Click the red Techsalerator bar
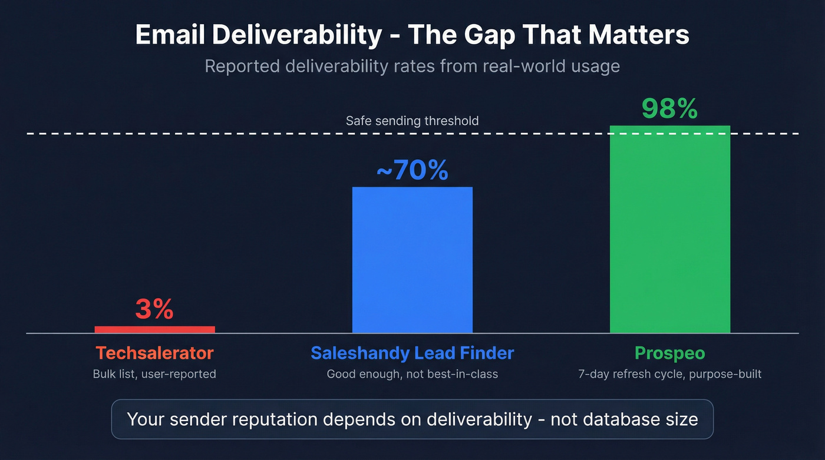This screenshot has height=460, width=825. point(154,329)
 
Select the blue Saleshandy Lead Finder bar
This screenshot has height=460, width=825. point(412,260)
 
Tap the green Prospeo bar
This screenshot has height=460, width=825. point(669,230)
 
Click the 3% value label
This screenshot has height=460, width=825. point(154,309)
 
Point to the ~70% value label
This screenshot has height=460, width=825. point(412,170)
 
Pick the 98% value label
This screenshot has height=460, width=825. point(669,108)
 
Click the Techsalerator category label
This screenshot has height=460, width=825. point(154,353)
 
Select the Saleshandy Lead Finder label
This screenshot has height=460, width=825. point(412,353)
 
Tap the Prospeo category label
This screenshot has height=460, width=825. point(669,353)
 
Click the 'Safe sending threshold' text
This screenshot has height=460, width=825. point(412,121)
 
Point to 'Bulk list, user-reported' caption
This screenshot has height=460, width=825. point(154,374)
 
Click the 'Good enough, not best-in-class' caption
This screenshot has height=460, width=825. point(412,374)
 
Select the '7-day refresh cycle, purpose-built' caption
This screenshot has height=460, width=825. point(669,374)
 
